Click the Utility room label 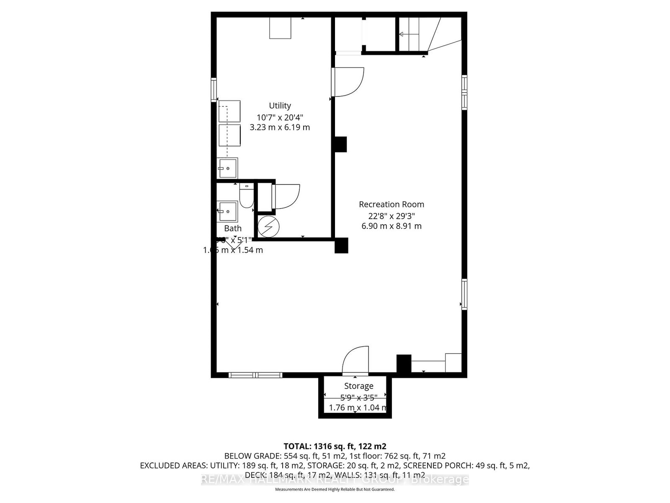[280, 106]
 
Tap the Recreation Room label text [391, 204]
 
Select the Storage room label [358, 386]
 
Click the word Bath [233, 228]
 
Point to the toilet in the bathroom [246, 197]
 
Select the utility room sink [227, 168]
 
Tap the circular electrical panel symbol [268, 227]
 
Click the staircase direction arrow [403, 34]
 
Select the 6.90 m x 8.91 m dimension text [391, 226]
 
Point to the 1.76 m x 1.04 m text [358, 407]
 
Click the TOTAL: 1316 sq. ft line [335, 446]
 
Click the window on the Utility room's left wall [214, 90]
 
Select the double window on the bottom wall [255, 375]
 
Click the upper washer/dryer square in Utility [229, 111]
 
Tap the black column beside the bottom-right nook [404, 363]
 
